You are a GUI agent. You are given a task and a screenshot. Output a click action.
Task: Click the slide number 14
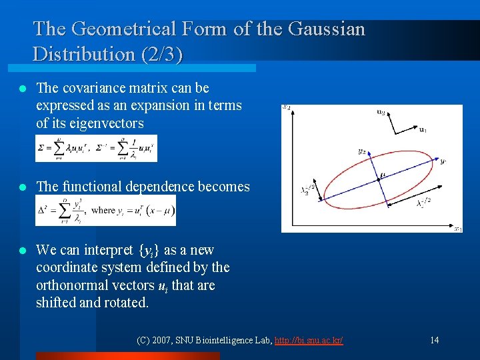click(434, 340)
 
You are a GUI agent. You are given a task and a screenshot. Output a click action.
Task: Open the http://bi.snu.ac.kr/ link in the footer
click(309, 340)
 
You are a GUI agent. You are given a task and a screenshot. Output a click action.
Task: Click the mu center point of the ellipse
click(381, 176)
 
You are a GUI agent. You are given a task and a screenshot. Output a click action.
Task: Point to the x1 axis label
click(457, 229)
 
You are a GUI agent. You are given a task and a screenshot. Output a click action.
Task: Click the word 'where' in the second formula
click(103, 210)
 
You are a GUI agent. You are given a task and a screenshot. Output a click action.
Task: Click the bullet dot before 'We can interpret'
click(23, 251)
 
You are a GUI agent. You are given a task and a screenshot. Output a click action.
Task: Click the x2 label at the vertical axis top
click(286, 107)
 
